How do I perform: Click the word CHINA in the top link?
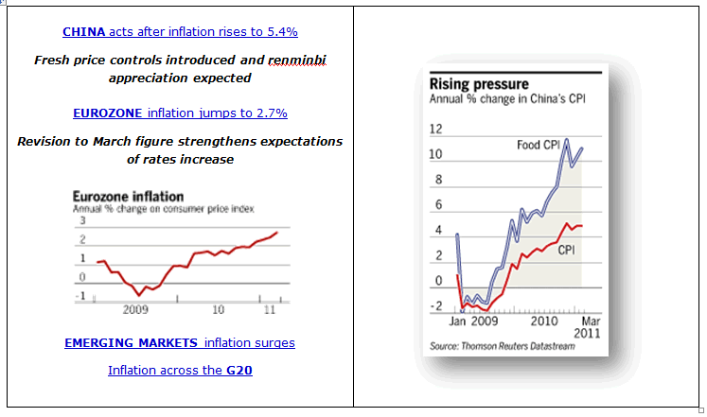click(83, 32)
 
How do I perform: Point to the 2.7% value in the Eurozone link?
click(272, 113)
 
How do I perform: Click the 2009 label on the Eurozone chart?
click(135, 308)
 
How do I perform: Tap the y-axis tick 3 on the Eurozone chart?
click(81, 220)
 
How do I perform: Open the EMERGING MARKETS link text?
click(132, 343)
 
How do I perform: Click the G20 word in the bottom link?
click(239, 370)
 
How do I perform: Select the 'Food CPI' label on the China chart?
click(537, 145)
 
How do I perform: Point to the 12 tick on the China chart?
click(436, 129)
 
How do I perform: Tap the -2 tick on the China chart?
click(436, 306)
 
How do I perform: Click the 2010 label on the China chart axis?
click(543, 321)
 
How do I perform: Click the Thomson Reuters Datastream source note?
click(502, 347)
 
